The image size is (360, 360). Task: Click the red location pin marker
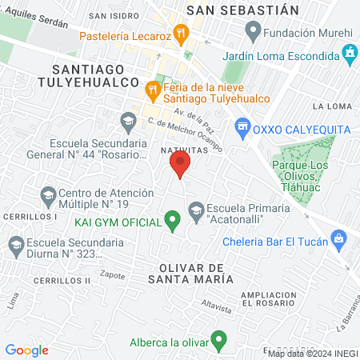[180, 166]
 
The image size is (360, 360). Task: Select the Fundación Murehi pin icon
[254, 33]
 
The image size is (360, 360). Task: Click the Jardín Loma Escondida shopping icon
[350, 54]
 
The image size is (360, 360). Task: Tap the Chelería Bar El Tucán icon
[339, 238]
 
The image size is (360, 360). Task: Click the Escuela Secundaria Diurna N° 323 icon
[14, 245]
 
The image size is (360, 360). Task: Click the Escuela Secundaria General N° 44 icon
[128, 122]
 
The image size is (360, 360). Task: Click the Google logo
[26, 350]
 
